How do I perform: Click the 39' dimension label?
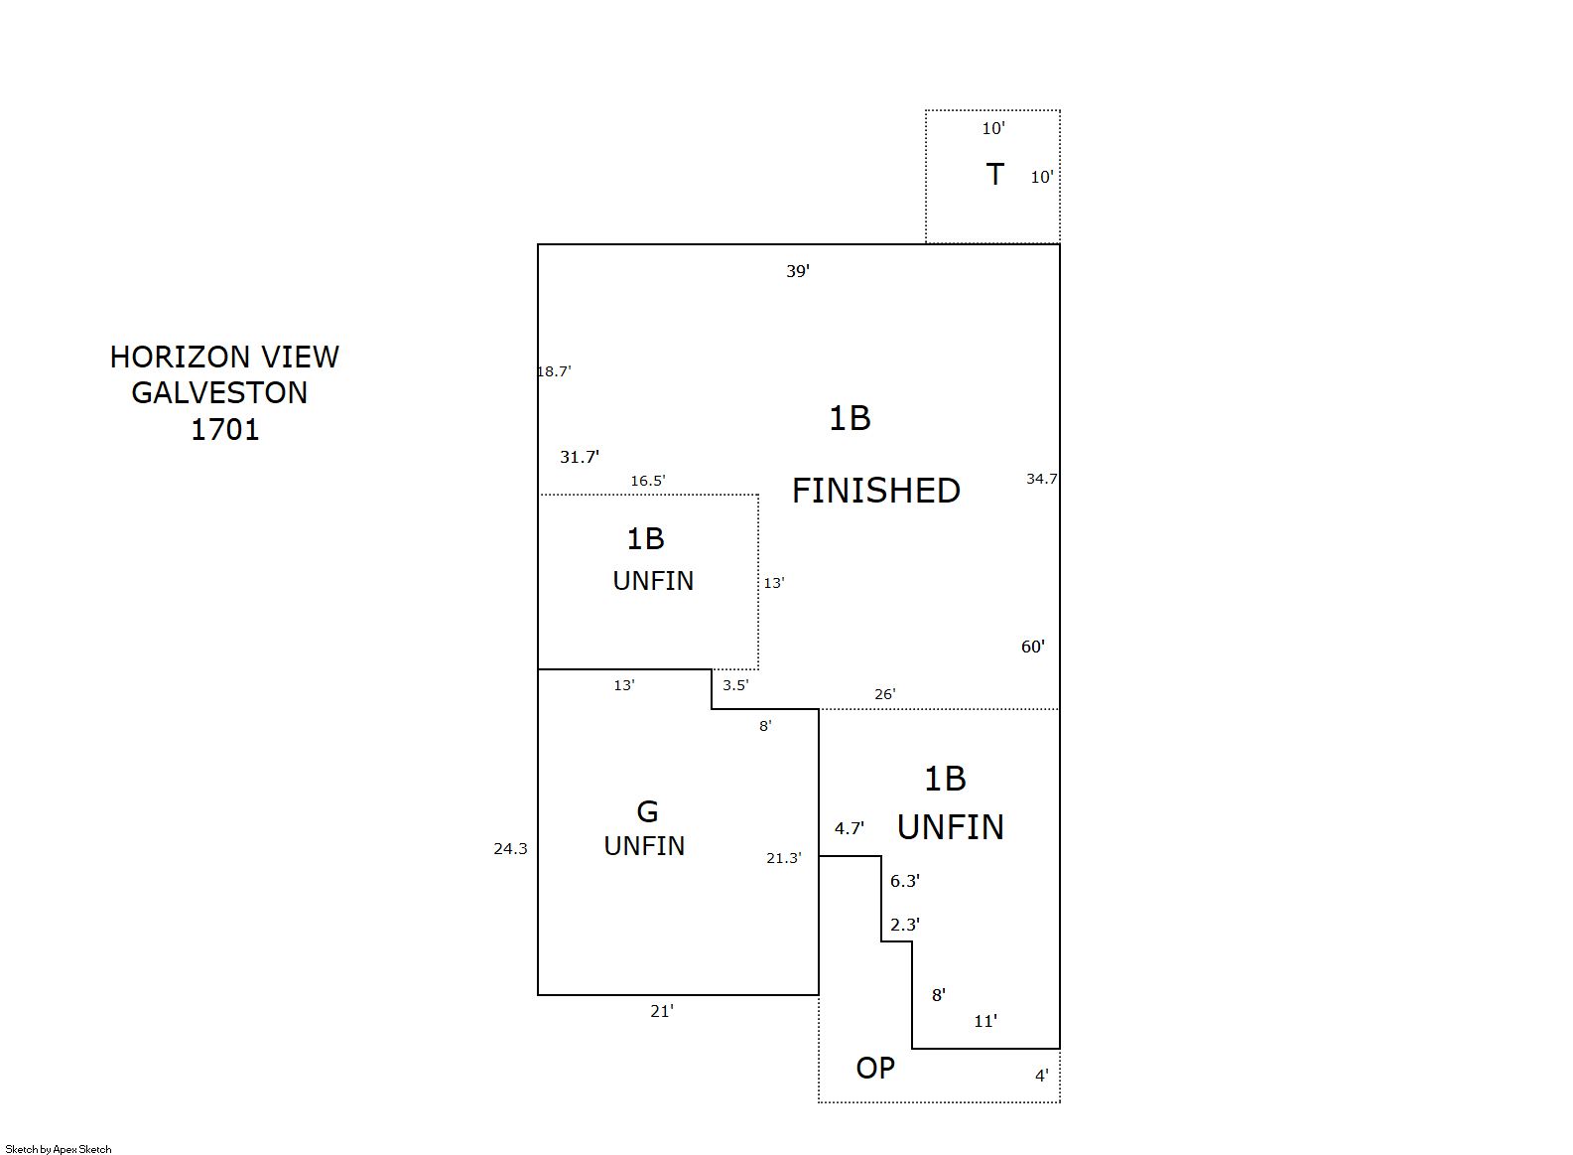click(x=798, y=271)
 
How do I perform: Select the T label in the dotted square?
click(x=995, y=174)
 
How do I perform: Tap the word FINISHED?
click(x=875, y=491)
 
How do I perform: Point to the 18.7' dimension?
click(x=554, y=371)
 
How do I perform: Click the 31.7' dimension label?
click(x=580, y=458)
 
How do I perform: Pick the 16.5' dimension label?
click(x=647, y=481)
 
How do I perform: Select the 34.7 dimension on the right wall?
click(x=1041, y=479)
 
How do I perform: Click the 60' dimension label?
click(x=1033, y=647)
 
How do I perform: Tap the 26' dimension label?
click(x=885, y=694)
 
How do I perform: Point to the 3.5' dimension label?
click(x=735, y=685)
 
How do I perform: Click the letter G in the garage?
click(x=647, y=812)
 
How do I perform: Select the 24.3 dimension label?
click(x=510, y=849)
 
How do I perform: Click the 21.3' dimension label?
click(x=784, y=858)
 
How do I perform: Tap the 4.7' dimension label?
click(x=849, y=828)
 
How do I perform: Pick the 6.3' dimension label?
click(x=905, y=881)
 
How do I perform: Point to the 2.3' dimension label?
click(x=905, y=925)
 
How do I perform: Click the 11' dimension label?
click(x=985, y=1022)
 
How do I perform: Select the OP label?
click(x=875, y=1068)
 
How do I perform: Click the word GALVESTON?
click(x=219, y=392)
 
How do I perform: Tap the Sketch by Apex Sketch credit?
click(x=59, y=1149)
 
